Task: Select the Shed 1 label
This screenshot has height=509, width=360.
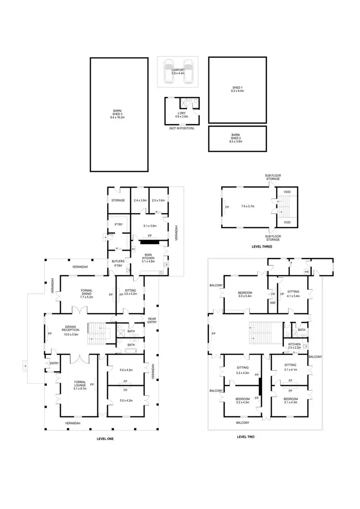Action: tap(237, 88)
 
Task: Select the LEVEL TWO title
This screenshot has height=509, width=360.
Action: tap(246, 437)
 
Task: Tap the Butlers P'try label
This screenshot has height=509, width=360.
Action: tap(118, 263)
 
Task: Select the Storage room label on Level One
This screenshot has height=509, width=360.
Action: tap(119, 200)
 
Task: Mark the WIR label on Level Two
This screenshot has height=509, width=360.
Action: tap(273, 303)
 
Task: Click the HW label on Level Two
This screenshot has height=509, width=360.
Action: tap(307, 272)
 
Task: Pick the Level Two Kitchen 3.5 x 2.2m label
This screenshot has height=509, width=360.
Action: tap(294, 346)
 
